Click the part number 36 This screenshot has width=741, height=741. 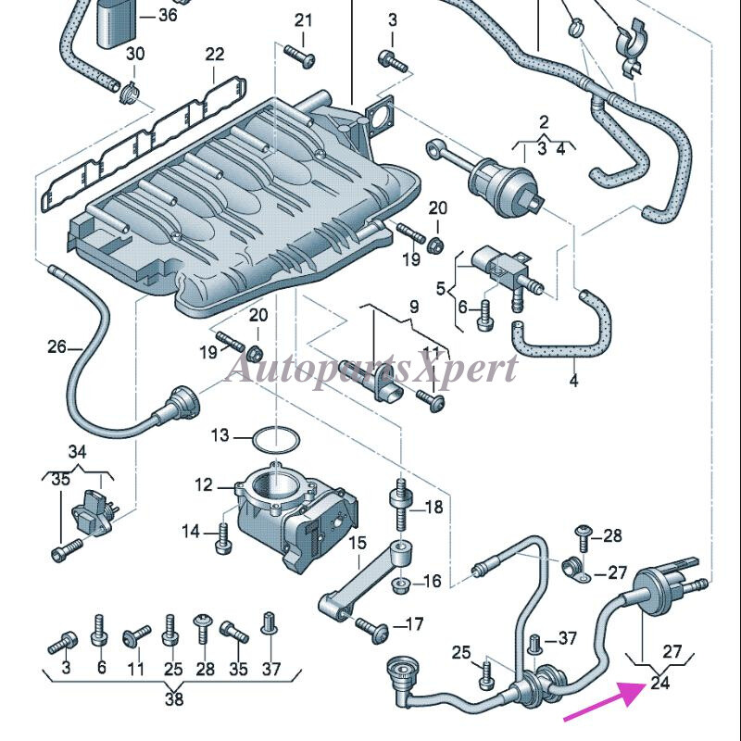[x=168, y=15]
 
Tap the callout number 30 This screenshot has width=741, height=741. [x=135, y=55]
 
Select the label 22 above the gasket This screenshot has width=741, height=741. [x=215, y=55]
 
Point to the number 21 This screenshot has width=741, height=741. [x=304, y=20]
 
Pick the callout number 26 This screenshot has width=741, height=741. [x=57, y=347]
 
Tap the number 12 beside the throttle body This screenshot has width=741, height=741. [x=204, y=484]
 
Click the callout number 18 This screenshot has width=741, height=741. [x=433, y=508]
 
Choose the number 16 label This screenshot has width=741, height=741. [x=433, y=582]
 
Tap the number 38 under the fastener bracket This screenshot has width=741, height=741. [x=174, y=699]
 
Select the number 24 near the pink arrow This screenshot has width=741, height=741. [x=659, y=684]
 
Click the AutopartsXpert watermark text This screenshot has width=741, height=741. [x=370, y=368]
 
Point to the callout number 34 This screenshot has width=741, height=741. [x=77, y=452]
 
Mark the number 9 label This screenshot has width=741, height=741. [x=413, y=307]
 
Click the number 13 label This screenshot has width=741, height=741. [x=220, y=434]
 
